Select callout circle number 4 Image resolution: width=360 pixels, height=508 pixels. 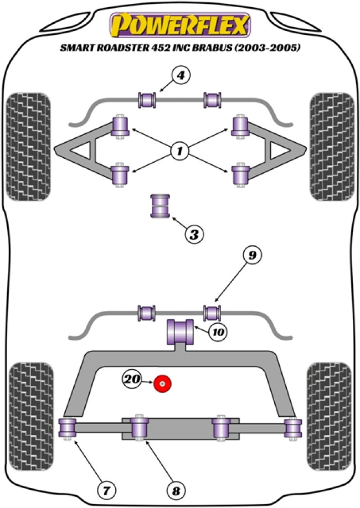coord(181,76)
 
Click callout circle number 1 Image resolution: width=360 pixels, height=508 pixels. coord(179,149)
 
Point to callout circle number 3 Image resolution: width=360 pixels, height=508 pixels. coord(193,234)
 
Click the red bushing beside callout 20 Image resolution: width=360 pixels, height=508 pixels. coord(163,382)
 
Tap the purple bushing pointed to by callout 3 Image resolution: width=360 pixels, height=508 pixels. coord(161,206)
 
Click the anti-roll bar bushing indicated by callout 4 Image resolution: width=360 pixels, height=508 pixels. coord(147,100)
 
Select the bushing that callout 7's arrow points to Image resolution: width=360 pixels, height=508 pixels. coord(67,428)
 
